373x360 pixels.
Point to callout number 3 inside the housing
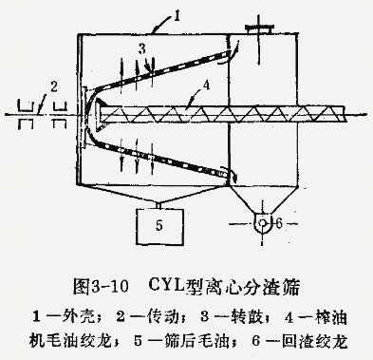pos(142,47)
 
